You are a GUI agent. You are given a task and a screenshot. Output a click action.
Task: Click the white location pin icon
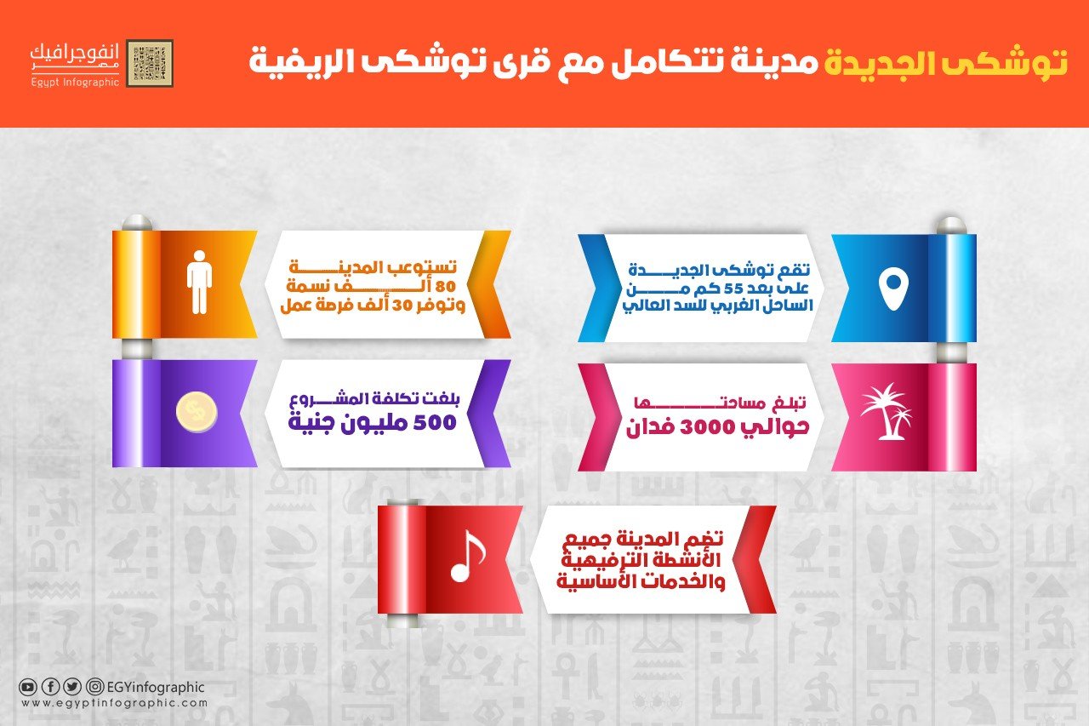click(893, 291)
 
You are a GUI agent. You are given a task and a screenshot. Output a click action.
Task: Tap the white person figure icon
click(199, 282)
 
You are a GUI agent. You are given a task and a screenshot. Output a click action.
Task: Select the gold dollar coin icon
click(197, 412)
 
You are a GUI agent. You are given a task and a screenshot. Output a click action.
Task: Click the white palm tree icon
click(886, 411)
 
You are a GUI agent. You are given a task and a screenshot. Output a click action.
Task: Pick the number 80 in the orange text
click(444, 287)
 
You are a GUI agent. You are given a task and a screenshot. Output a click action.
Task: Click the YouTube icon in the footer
click(27, 687)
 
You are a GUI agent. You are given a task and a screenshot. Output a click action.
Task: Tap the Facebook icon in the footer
click(49, 687)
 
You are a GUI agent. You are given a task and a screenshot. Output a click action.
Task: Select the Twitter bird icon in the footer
click(72, 687)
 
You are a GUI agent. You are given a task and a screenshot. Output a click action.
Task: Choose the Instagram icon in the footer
click(94, 687)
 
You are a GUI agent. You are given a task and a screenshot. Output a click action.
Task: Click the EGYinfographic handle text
click(156, 687)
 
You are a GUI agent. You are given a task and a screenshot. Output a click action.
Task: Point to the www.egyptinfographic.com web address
click(114, 703)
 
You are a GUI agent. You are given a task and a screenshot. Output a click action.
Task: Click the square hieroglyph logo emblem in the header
click(150, 63)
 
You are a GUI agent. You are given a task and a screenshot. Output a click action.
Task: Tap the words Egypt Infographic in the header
click(75, 83)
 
